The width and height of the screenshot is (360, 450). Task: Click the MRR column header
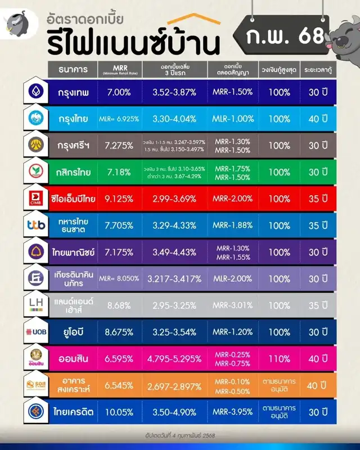click(119, 70)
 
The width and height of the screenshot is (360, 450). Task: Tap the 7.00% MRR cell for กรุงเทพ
click(119, 92)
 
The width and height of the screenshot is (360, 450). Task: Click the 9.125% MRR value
click(119, 199)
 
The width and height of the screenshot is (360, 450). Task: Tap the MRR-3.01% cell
click(233, 305)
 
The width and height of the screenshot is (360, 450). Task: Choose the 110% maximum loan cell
click(279, 358)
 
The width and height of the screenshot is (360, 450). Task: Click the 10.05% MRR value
click(119, 412)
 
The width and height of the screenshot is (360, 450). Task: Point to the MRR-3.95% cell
click(233, 412)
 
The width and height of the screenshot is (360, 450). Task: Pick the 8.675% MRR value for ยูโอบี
click(119, 332)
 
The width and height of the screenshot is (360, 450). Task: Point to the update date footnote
click(180, 435)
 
